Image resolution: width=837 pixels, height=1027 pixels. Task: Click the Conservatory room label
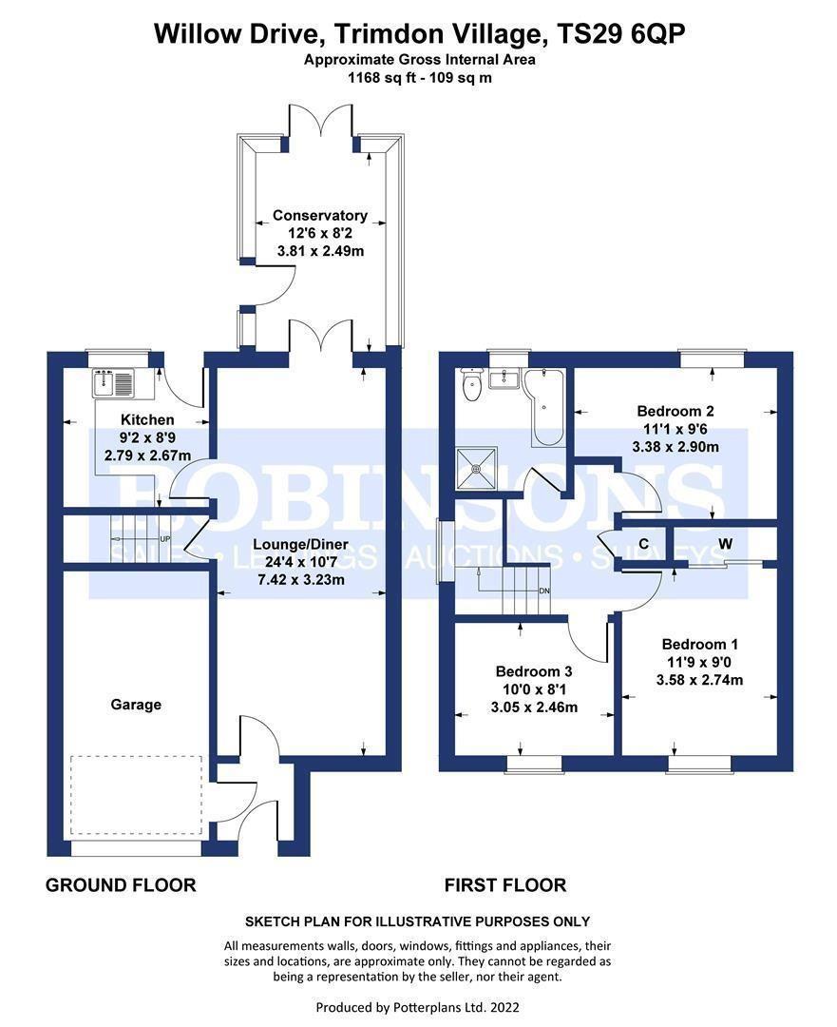click(x=320, y=216)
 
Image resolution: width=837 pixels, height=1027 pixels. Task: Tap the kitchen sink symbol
click(x=115, y=384)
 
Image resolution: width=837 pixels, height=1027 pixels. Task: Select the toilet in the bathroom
click(x=468, y=385)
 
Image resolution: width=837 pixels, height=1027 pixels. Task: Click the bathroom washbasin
click(x=502, y=379)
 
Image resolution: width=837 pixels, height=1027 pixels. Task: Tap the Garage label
click(x=136, y=705)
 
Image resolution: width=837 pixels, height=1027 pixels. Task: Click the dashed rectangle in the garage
click(x=137, y=796)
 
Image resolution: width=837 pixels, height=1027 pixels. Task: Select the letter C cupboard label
click(x=643, y=544)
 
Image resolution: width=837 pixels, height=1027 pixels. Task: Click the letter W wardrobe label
click(x=725, y=544)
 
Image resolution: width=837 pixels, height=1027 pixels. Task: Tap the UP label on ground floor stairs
click(x=164, y=539)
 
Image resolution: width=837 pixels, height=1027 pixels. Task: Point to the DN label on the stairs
click(x=544, y=591)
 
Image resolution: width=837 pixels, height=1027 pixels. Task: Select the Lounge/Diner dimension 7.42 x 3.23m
click(x=299, y=580)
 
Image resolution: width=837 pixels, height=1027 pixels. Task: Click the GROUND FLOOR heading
click(x=121, y=885)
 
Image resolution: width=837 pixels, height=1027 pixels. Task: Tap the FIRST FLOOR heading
click(x=505, y=885)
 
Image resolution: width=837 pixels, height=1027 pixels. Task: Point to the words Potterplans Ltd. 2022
click(x=454, y=1006)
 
